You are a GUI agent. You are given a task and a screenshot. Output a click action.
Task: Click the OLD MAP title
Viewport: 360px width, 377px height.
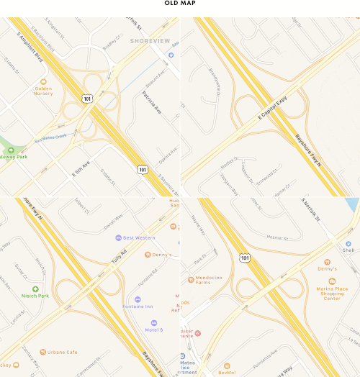tap(179, 4)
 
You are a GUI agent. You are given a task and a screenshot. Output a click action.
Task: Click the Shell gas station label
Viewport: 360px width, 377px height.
tap(348, 250)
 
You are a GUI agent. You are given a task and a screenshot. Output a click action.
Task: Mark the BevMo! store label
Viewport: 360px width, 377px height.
tap(227, 372)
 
